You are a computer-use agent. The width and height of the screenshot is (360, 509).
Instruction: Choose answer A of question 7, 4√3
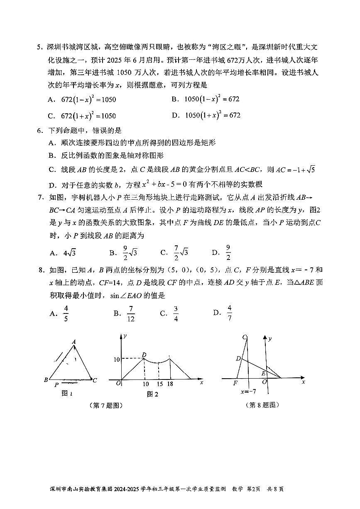64,253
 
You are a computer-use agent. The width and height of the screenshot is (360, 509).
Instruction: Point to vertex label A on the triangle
73,342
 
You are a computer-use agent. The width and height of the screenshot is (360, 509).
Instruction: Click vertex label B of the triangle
46,380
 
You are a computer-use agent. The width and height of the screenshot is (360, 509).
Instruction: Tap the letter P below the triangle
56,385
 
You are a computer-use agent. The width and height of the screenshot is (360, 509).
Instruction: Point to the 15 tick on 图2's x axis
159,384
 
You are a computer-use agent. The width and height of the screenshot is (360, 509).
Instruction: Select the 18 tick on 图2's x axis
170,384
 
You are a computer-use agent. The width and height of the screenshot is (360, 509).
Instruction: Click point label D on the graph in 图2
144,355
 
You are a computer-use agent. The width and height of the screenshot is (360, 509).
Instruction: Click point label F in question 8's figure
235,383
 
